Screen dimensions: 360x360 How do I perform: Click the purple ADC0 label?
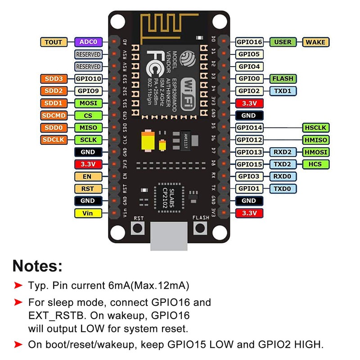click(x=88, y=42)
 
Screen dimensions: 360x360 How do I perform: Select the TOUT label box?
click(x=54, y=42)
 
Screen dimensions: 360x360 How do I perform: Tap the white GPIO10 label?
click(x=88, y=79)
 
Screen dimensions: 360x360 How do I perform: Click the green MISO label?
click(x=88, y=128)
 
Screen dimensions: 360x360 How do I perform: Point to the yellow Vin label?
click(x=88, y=213)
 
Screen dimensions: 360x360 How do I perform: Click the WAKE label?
click(x=315, y=42)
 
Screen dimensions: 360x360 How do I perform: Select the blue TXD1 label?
click(x=283, y=91)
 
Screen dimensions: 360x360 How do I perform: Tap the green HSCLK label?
click(x=315, y=128)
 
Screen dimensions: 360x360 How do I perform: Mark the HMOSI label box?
click(x=315, y=152)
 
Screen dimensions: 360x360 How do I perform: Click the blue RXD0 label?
click(x=283, y=176)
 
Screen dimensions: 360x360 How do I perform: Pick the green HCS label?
click(x=315, y=164)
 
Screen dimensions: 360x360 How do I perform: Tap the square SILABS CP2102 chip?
click(x=167, y=197)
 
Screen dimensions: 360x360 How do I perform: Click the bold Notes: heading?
click(x=37, y=265)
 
